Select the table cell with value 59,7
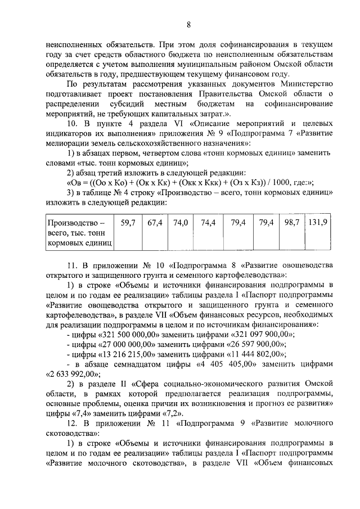[x=128, y=223]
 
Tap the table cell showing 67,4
[x=155, y=223]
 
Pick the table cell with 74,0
[x=180, y=223]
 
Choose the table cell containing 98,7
[x=291, y=223]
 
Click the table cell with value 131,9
[x=318, y=223]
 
